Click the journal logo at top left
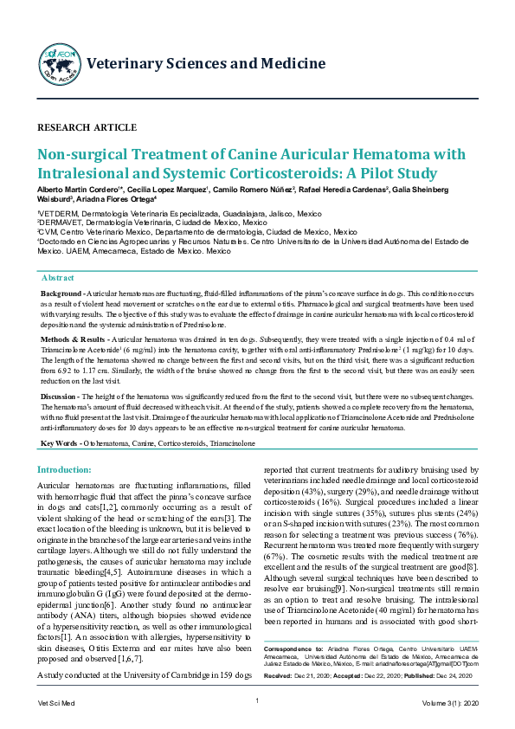click(59, 62)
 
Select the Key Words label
click(60, 443)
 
